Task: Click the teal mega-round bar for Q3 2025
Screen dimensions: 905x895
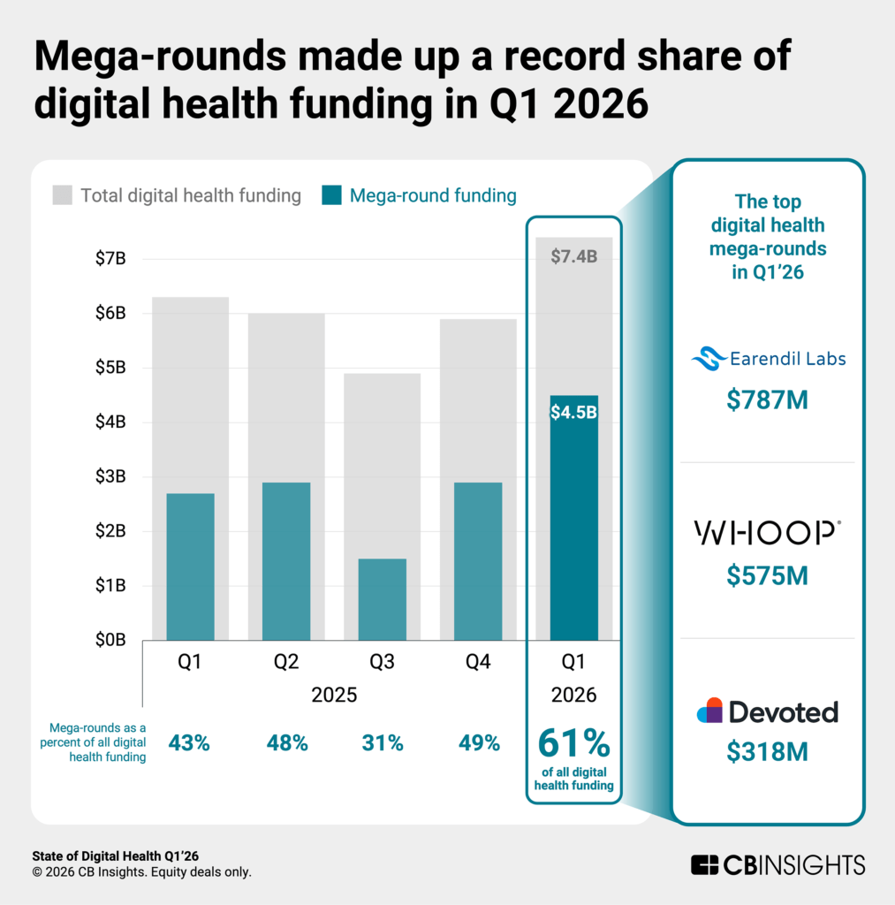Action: (382, 599)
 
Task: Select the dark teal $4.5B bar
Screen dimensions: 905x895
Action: (573, 521)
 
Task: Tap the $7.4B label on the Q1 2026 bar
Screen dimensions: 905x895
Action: (573, 257)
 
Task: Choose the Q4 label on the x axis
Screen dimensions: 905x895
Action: (478, 663)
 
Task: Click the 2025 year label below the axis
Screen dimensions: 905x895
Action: (334, 695)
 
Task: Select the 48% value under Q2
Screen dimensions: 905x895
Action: (286, 743)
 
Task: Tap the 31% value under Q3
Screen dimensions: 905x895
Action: (382, 743)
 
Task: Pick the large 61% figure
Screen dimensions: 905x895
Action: (573, 743)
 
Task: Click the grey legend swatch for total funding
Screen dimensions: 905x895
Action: (62, 195)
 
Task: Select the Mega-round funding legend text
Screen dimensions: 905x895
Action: (433, 195)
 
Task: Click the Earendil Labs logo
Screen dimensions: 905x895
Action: (768, 358)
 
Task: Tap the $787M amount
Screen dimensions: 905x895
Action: (767, 400)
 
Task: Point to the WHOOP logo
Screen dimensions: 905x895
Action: (767, 532)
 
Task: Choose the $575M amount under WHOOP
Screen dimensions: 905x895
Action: (767, 575)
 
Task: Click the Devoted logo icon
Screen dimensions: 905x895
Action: (710, 711)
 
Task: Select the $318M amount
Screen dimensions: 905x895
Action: (767, 752)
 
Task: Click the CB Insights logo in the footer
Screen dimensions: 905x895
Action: (777, 864)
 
